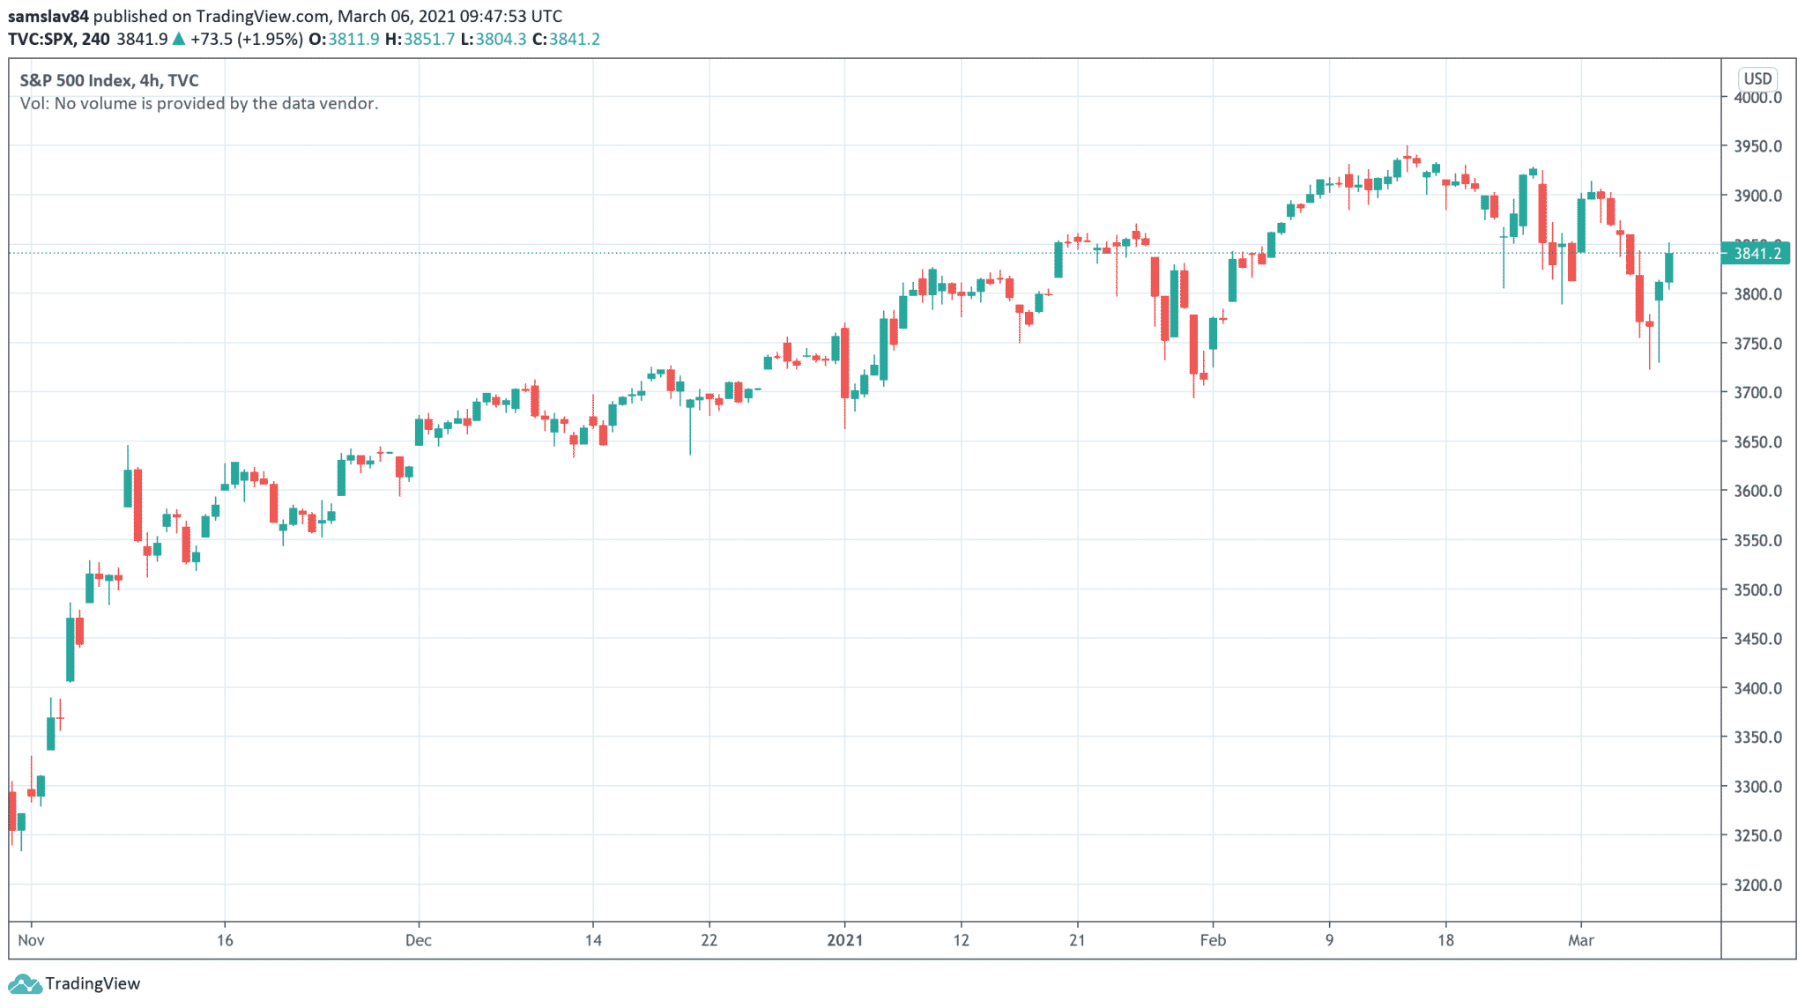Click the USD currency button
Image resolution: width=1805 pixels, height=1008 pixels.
[1757, 78]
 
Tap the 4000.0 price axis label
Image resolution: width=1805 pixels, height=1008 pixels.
[1757, 98]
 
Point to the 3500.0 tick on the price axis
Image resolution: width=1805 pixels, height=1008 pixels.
[1757, 589]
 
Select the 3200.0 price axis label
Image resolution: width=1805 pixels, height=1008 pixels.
[1757, 885]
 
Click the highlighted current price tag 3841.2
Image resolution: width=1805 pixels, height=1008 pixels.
[1757, 254]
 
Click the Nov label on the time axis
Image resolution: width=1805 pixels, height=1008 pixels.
[31, 940]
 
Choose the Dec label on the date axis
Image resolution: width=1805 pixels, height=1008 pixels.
[419, 940]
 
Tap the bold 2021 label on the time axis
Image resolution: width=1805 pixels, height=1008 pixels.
[844, 940]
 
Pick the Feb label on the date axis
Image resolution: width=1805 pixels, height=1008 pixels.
[1213, 940]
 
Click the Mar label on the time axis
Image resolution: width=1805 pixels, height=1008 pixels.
[1581, 940]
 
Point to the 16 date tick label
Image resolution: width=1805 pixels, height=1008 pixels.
[225, 940]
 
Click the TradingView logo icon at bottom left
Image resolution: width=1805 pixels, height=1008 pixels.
[24, 983]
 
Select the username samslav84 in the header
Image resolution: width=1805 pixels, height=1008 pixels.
[48, 16]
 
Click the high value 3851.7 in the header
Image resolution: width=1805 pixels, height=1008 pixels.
[429, 39]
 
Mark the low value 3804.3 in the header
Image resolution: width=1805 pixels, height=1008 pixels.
[501, 39]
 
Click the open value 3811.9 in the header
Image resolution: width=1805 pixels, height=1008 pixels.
[353, 39]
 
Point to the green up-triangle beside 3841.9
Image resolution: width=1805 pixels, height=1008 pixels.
[179, 39]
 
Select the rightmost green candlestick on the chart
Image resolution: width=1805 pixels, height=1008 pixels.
[1668, 268]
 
